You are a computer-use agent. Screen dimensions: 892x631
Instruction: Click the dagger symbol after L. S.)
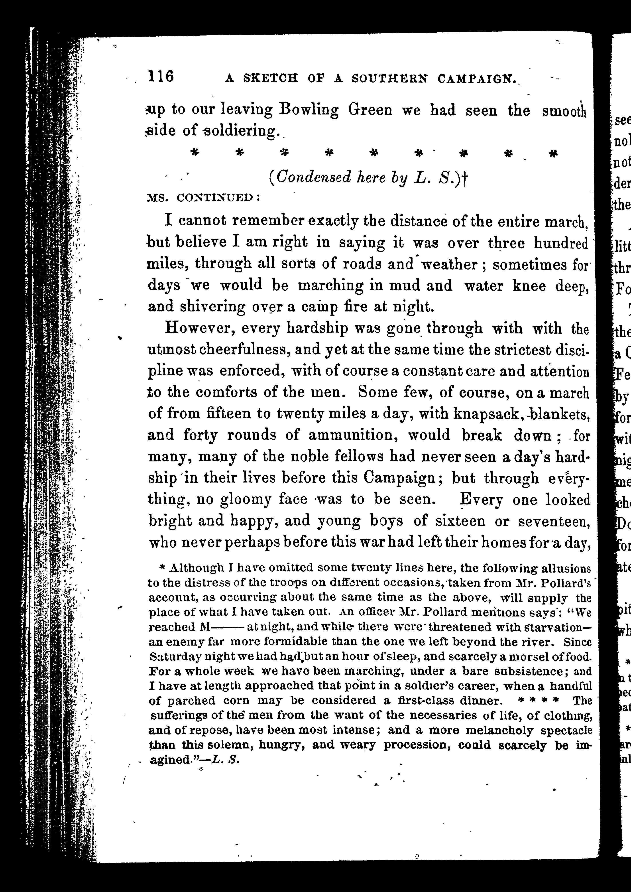point(465,179)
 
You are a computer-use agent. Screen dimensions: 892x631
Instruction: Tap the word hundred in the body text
point(561,244)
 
